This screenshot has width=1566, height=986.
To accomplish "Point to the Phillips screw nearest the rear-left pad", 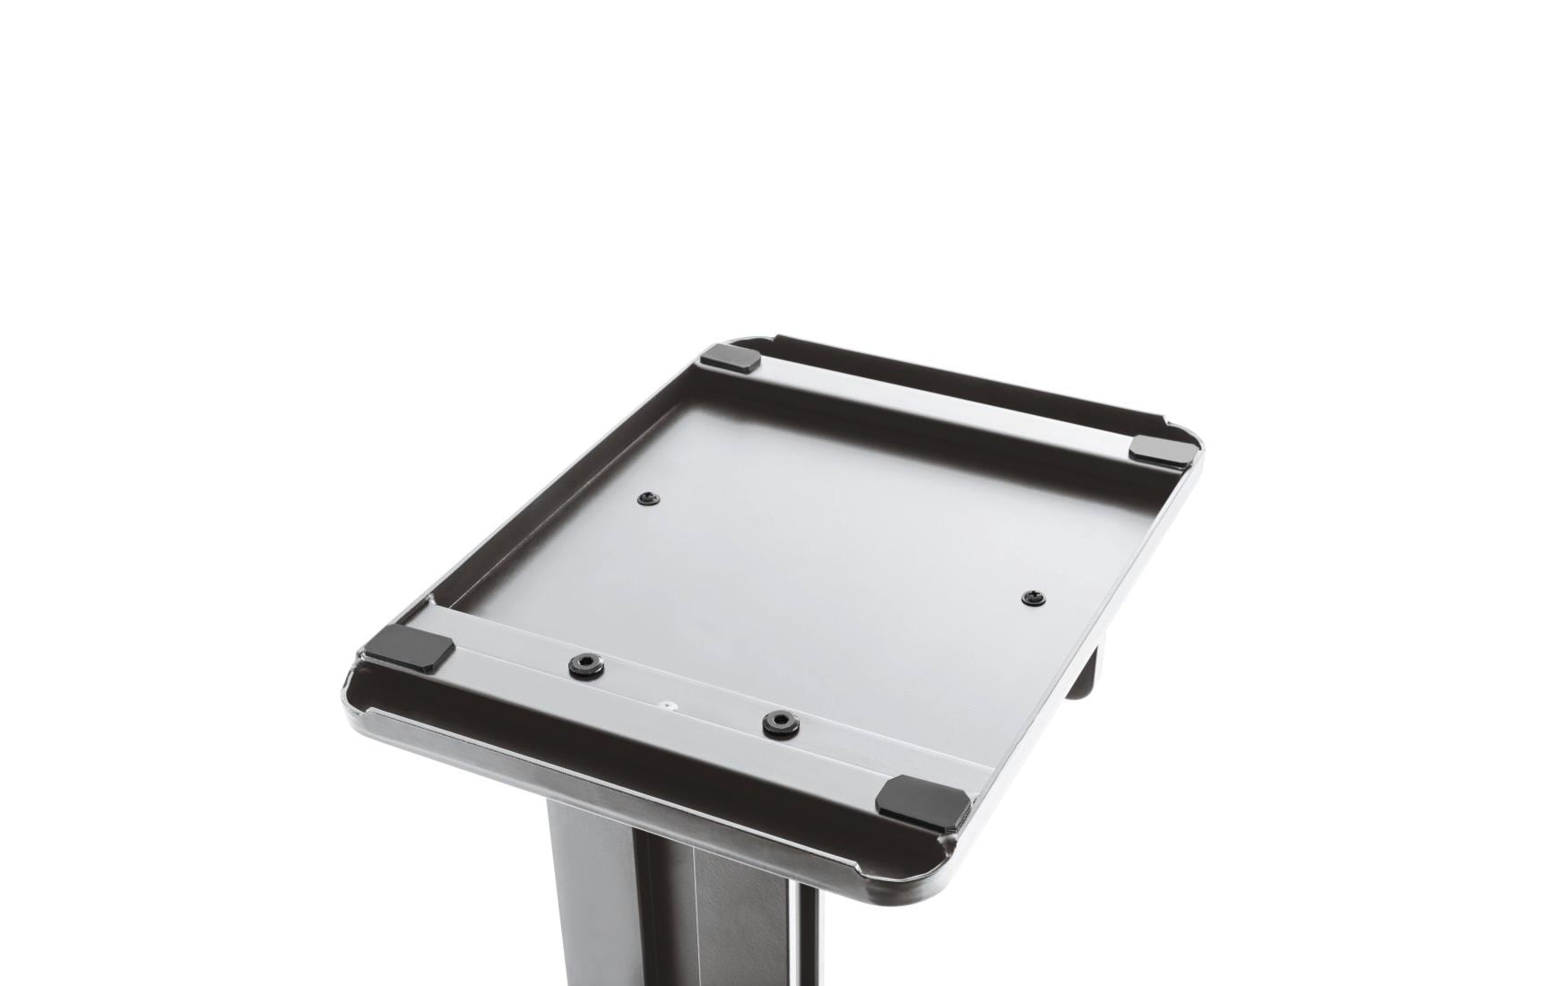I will [648, 499].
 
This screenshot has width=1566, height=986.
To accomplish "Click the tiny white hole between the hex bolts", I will [667, 705].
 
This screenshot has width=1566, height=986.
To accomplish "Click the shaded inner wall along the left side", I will [556, 475].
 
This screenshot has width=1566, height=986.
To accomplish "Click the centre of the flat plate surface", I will [807, 538].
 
